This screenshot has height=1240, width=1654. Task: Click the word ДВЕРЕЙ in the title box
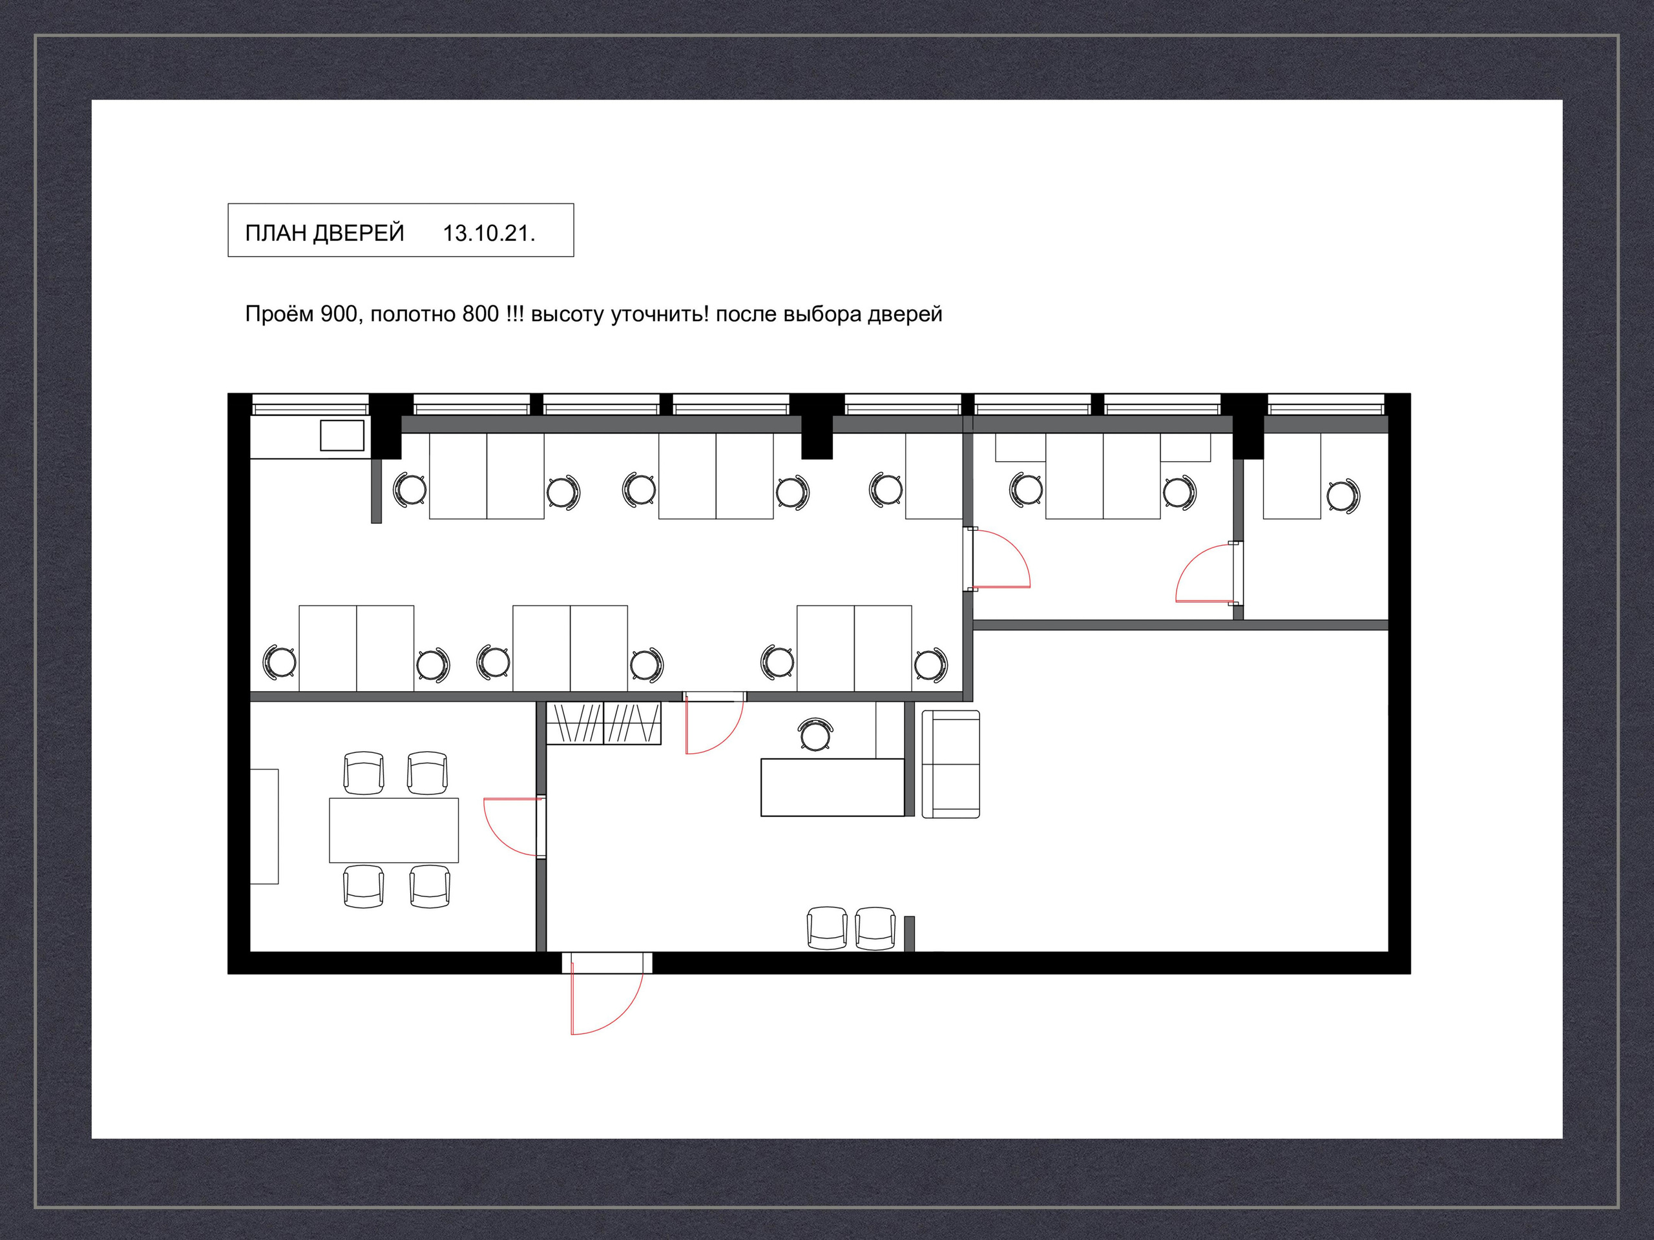[358, 233]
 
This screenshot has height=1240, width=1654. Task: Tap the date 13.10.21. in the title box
[489, 233]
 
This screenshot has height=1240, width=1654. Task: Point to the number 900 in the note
[339, 314]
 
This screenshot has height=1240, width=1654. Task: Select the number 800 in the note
[481, 314]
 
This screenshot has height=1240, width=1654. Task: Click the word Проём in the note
[279, 314]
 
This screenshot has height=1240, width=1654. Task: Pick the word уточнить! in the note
[660, 315]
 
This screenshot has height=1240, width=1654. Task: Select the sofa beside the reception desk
[950, 764]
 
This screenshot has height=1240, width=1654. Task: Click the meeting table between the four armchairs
[394, 831]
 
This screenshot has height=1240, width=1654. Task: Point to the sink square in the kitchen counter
[342, 435]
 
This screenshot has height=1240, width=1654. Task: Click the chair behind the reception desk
[815, 734]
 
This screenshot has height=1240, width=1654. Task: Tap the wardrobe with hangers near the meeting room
[603, 723]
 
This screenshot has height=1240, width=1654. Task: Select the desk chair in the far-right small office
[1344, 495]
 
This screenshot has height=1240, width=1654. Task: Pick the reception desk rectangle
[832, 787]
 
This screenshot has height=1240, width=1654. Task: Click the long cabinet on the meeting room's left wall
[264, 827]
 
